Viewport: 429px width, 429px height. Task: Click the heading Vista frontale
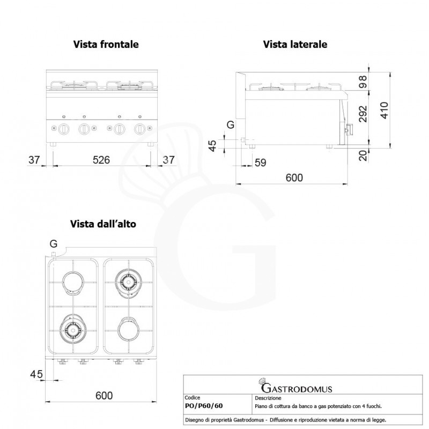point(106,45)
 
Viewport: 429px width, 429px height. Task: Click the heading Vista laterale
point(294,45)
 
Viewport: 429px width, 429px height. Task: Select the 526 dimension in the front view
point(101,159)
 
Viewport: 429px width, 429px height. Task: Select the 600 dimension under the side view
point(293,177)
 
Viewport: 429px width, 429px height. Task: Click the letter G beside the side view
point(231,125)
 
